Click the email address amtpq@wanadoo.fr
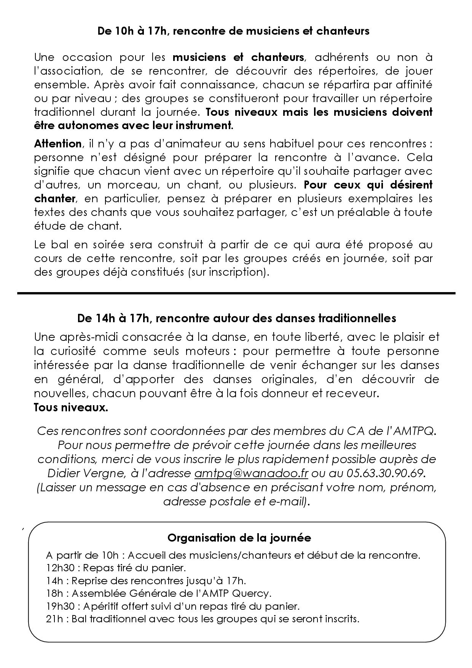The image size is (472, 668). pyautogui.click(x=251, y=473)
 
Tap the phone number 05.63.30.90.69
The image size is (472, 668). pyautogui.click(x=385, y=473)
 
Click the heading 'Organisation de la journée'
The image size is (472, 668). pyautogui.click(x=239, y=538)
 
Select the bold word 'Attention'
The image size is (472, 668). pyautogui.click(x=57, y=144)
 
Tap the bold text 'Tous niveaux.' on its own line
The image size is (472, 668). pyautogui.click(x=71, y=408)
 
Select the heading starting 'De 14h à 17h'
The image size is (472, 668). pyautogui.click(x=236, y=318)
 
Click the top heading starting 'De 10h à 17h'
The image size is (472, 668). pyautogui.click(x=233, y=31)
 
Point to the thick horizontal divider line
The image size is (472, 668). pyautogui.click(x=236, y=293)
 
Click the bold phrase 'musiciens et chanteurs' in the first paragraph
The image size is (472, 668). pyautogui.click(x=238, y=58)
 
